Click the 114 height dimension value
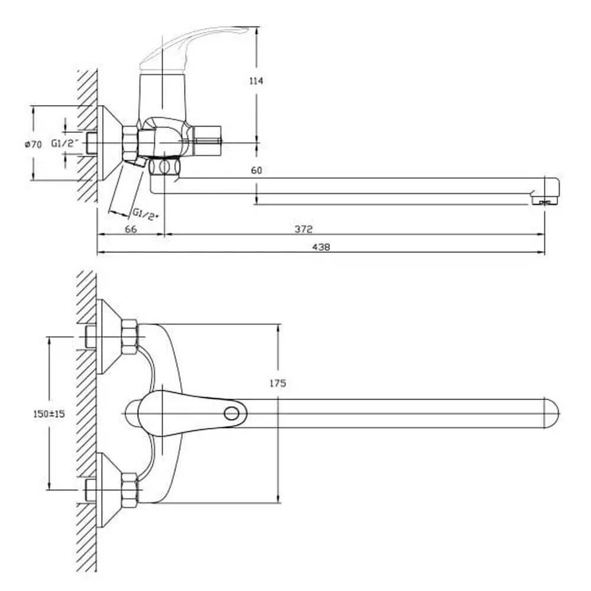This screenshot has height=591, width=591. pyautogui.click(x=256, y=81)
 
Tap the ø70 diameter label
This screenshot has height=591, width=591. pyautogui.click(x=34, y=144)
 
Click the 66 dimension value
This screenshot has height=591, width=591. pyautogui.click(x=131, y=229)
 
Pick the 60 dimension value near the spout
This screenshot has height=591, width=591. pyautogui.click(x=256, y=171)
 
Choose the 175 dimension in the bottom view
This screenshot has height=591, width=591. pyautogui.click(x=277, y=383)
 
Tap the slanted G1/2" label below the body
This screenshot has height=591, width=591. pyautogui.click(x=145, y=213)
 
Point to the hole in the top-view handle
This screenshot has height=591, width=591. pyautogui.click(x=235, y=412)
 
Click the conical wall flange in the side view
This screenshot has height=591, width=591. pyautogui.click(x=108, y=144)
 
